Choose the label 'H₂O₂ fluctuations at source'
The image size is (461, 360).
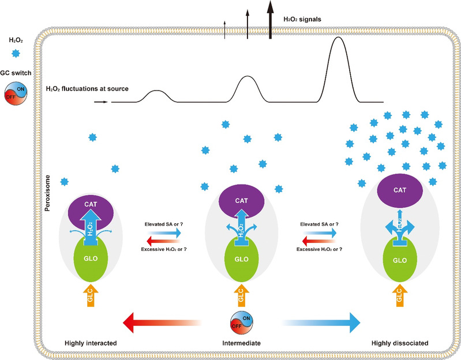point(87,89)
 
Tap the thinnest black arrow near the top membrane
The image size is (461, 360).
point(226,29)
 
